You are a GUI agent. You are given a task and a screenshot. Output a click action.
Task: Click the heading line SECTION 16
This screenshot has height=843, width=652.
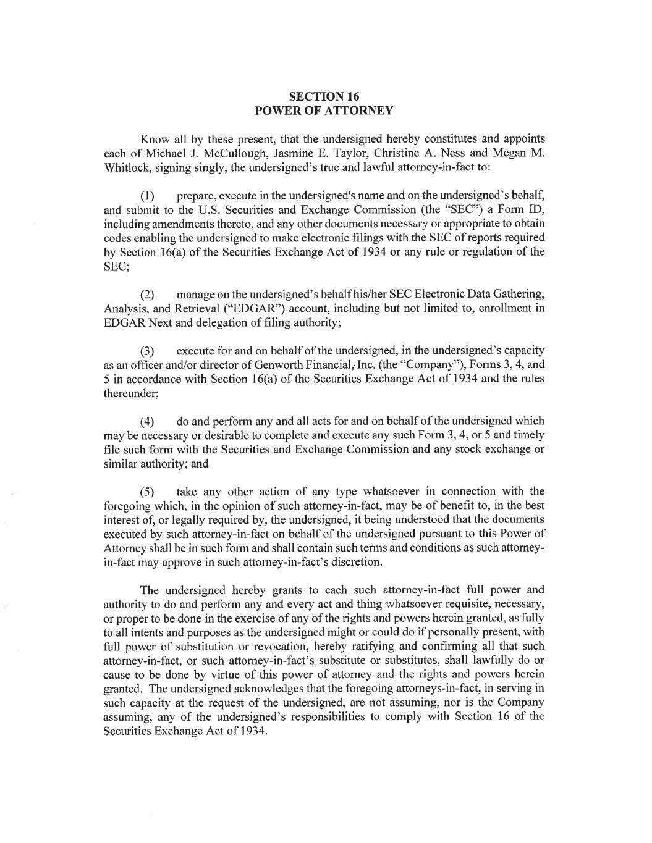(324, 96)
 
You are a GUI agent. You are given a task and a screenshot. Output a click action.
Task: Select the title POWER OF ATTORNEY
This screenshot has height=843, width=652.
(324, 111)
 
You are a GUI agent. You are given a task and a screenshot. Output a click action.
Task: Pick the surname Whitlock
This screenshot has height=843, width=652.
(127, 167)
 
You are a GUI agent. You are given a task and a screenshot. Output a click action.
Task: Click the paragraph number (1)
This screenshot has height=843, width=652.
(147, 196)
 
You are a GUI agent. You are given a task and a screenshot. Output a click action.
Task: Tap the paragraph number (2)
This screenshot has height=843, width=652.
(147, 294)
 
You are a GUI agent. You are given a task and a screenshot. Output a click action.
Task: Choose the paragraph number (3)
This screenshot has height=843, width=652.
(147, 351)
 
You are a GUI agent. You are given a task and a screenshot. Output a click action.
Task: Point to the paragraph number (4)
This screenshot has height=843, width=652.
(147, 422)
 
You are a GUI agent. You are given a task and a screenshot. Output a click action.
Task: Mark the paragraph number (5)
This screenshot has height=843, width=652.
(147, 492)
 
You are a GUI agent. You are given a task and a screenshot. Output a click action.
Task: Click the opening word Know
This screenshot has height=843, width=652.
(153, 139)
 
